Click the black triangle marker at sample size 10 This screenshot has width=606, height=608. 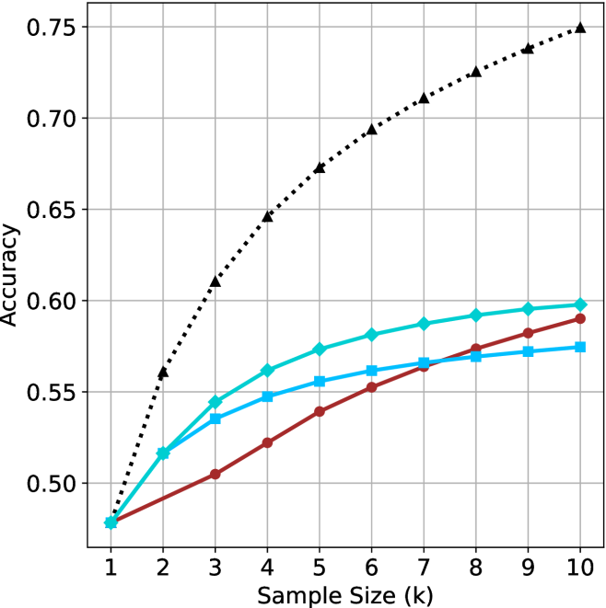tap(580, 28)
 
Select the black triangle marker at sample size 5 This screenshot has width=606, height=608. tap(320, 168)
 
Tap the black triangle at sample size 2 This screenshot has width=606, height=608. tap(163, 373)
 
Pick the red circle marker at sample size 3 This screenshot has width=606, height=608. tap(216, 475)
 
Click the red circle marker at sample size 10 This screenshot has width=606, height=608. tap(580, 318)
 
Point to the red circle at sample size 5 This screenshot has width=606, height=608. tap(320, 411)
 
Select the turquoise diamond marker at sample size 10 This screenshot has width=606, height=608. tap(580, 304)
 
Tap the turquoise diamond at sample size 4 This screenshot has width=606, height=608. tap(268, 371)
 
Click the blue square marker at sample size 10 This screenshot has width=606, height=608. tap(580, 347)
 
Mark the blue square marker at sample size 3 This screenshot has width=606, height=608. tap(216, 419)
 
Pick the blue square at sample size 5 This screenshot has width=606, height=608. tap(320, 381)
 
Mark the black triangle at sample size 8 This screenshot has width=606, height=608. tap(476, 72)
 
